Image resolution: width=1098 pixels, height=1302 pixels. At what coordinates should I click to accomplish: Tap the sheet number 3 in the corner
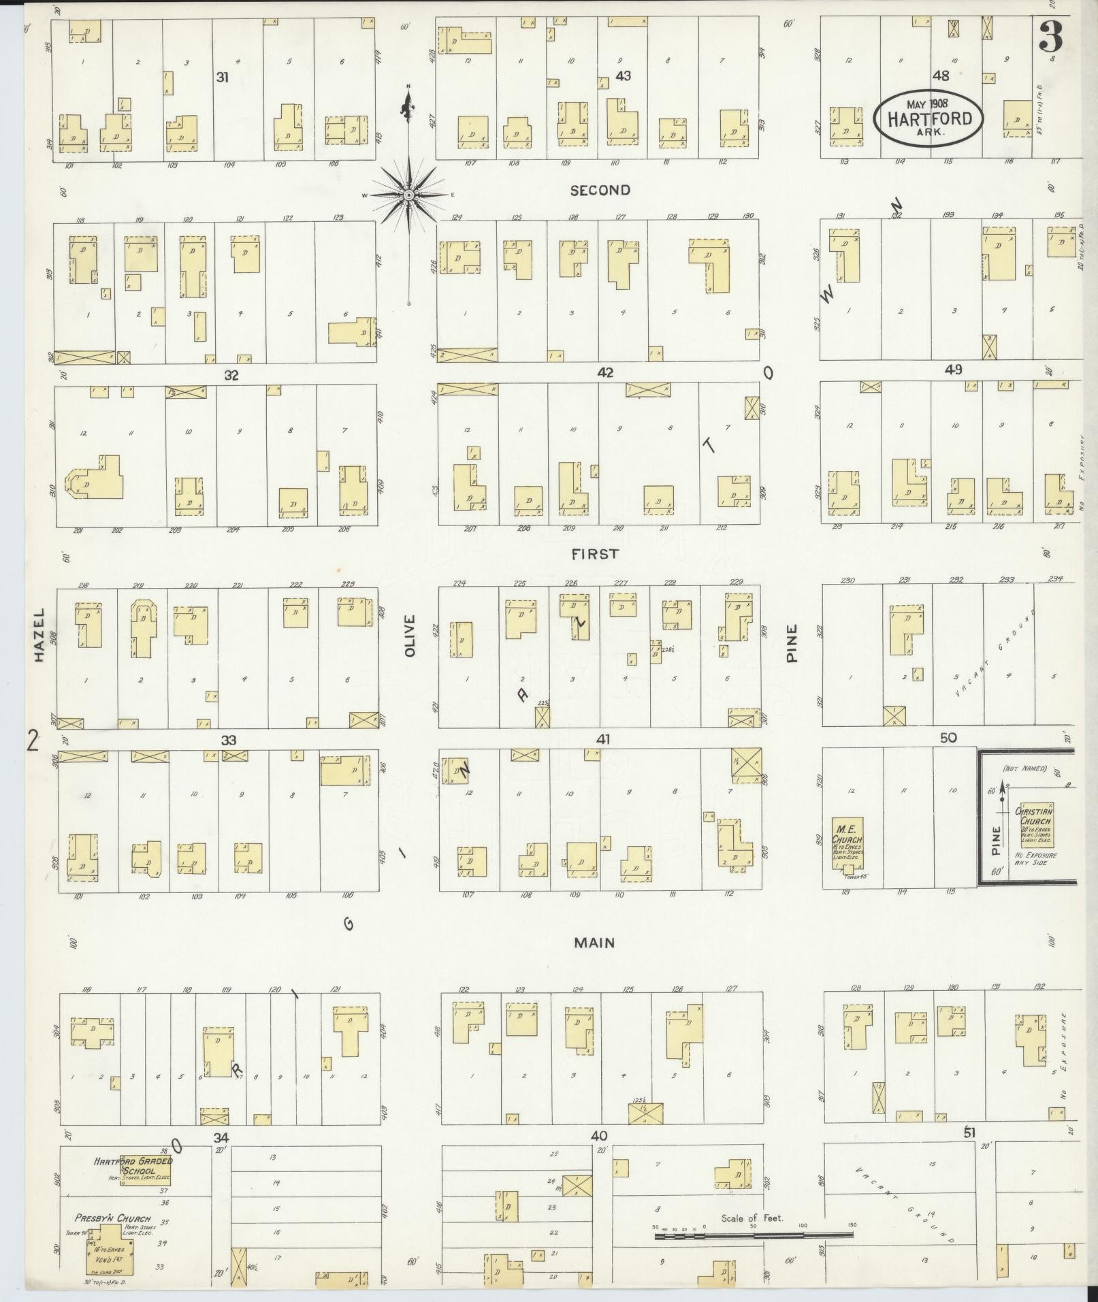point(1050,37)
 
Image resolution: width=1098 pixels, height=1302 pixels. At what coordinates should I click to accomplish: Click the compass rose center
point(408,195)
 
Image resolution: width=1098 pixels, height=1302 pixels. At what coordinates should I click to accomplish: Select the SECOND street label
point(600,191)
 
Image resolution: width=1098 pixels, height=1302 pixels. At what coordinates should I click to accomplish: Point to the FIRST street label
point(595,554)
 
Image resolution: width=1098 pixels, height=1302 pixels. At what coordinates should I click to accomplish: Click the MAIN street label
point(594,943)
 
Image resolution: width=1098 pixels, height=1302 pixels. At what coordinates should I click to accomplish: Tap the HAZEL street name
point(39,634)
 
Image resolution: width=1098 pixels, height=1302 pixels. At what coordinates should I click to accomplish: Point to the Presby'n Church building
point(110,1245)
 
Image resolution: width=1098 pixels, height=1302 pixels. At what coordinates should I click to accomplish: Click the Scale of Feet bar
point(754,1235)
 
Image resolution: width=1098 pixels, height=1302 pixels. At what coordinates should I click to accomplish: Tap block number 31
point(221,78)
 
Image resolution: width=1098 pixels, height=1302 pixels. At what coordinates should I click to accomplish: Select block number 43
point(623,76)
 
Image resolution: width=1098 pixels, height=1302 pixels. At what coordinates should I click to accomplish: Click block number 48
point(941,76)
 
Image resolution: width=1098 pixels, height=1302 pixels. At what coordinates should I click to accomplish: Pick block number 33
point(228,740)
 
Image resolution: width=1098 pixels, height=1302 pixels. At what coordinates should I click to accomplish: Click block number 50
point(948,737)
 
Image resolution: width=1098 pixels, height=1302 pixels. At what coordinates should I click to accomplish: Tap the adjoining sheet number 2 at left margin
point(31,740)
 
